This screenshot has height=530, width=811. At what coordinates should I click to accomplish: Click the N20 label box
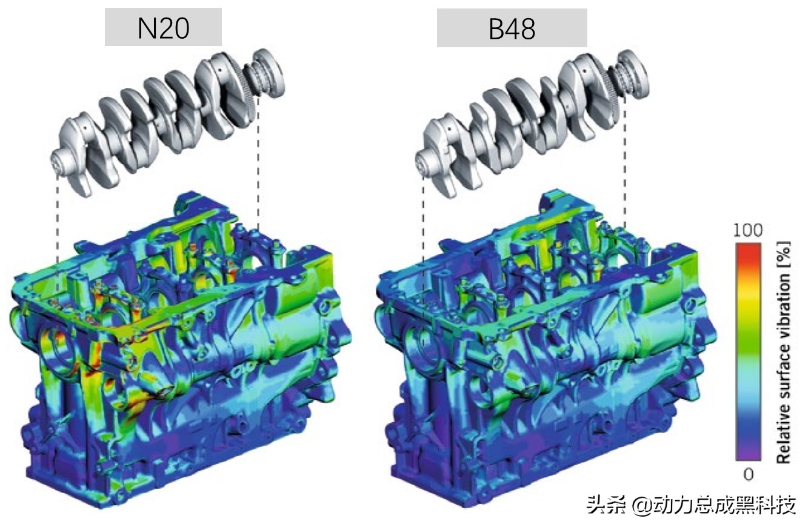[x=163, y=28]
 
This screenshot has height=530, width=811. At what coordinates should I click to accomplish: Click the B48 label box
[x=512, y=28]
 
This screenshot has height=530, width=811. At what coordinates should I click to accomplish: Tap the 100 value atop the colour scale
[x=747, y=231]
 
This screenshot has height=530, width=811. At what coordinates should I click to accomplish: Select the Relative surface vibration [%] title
[x=784, y=352]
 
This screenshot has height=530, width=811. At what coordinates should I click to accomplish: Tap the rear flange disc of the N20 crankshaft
[x=270, y=71]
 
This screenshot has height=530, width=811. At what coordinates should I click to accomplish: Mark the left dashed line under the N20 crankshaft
[x=58, y=230]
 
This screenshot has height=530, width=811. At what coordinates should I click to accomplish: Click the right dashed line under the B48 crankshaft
[x=624, y=164]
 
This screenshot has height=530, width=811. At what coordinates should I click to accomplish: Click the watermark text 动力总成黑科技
[x=725, y=505]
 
